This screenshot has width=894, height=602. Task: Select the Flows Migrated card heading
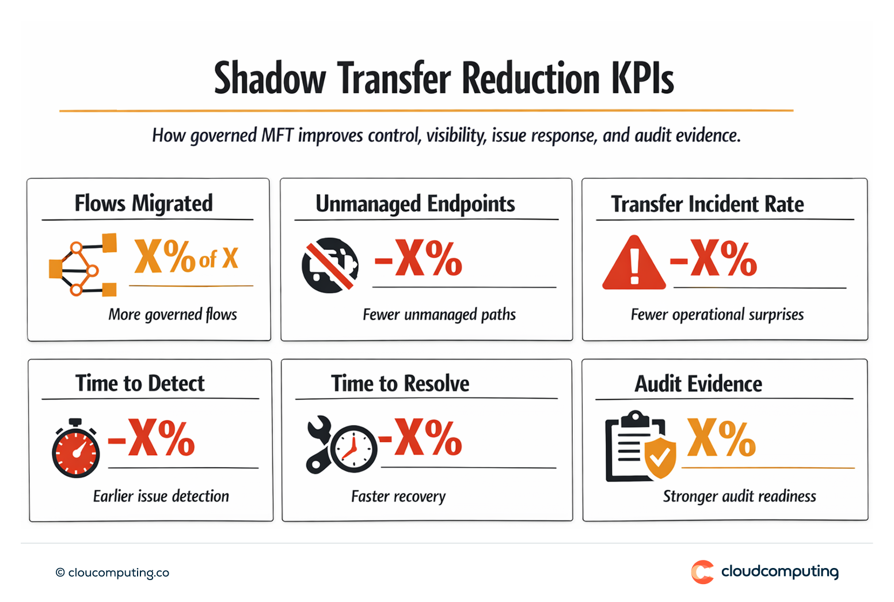[143, 203]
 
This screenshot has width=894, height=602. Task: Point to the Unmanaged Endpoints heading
[415, 204]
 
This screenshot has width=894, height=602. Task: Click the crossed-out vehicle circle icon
[330, 265]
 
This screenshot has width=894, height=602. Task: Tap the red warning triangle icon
[634, 264]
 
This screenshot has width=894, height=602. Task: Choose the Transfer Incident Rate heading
[707, 204]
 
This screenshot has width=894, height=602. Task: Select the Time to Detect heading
[140, 383]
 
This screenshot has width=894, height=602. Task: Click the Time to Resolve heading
[400, 384]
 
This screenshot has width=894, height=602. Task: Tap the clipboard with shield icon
[640, 447]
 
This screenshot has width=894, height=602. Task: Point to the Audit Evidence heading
[698, 384]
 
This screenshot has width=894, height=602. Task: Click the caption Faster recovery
[398, 496]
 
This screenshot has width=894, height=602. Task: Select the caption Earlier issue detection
[161, 496]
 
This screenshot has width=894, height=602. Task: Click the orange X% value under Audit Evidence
[721, 438]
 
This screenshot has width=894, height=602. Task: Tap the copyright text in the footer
[113, 573]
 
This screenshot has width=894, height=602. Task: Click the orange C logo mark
[702, 572]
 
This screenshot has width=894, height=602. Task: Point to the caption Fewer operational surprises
[717, 315]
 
